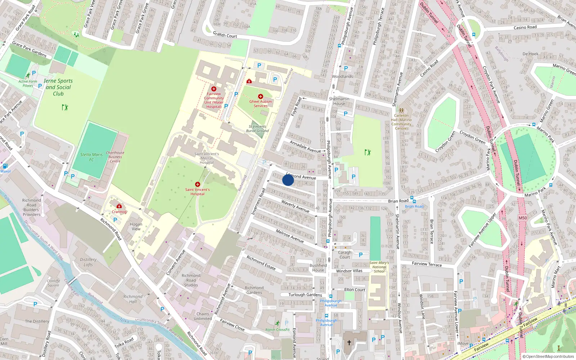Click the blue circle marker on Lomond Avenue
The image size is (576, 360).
coord(288,180)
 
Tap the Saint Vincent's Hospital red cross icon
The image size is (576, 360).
coord(198,184)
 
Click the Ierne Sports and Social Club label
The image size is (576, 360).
coord(58,87)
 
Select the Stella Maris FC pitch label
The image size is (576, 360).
coord(91,157)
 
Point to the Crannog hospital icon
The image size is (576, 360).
coord(119,206)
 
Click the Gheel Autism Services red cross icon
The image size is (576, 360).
coord(261,96)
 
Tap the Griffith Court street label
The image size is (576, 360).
coord(225,35)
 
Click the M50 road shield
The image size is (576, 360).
coord(523,218)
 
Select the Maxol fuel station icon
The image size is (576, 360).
coord(5,166)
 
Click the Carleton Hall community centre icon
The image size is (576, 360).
coord(401,111)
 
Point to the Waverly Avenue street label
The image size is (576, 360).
coord(295,206)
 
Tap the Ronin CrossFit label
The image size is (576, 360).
coord(278,329)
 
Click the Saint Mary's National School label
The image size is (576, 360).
coord(379,267)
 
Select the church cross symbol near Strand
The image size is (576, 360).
coord(349,342)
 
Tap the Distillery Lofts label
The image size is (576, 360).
coord(88,262)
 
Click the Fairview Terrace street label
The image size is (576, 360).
coord(427,264)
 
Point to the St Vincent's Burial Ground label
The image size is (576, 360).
coord(257,129)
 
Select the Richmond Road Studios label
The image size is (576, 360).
coord(191,280)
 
